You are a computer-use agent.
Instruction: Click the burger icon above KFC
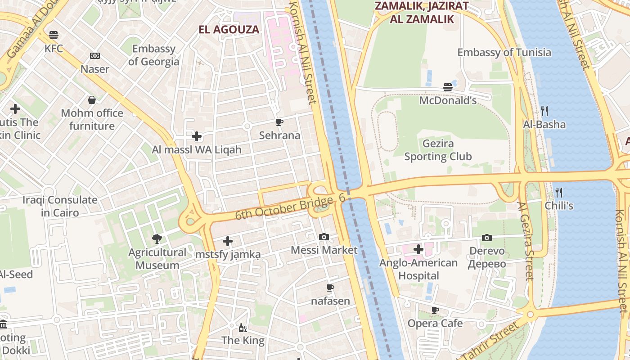tap(54, 35)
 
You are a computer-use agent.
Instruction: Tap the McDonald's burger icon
tap(447, 87)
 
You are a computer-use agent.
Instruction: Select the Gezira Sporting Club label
tap(438, 150)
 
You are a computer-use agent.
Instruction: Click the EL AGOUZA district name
tap(229, 30)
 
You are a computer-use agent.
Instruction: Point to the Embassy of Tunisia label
tap(504, 52)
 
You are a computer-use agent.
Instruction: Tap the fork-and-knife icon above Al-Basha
tap(544, 111)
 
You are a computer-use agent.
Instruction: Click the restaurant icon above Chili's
tap(559, 193)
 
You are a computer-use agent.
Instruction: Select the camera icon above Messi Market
tap(324, 237)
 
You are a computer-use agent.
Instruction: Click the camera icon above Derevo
tap(486, 238)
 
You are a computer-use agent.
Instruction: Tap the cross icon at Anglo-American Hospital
tap(418, 249)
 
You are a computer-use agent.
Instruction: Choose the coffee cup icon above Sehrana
tap(279, 122)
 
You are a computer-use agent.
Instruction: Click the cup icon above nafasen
tap(330, 288)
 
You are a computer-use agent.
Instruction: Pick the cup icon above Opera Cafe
tap(435, 310)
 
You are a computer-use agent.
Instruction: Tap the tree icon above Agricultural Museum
tap(157, 239)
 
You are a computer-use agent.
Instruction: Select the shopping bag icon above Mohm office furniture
tap(92, 99)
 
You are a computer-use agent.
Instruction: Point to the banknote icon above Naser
tap(94, 56)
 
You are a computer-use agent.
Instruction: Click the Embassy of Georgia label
tap(153, 55)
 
